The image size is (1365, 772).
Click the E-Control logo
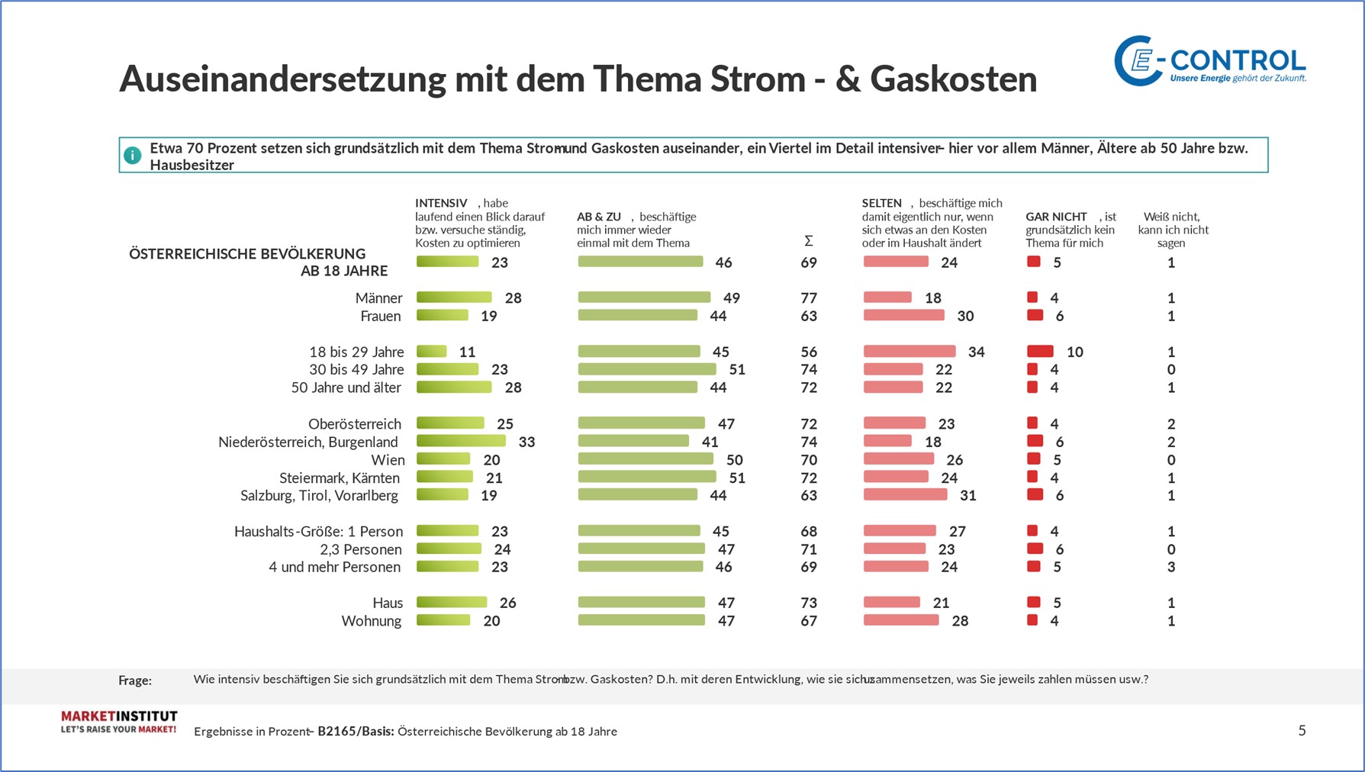click(1209, 60)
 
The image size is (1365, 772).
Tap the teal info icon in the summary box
click(133, 156)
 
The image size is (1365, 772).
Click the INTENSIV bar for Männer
click(454, 298)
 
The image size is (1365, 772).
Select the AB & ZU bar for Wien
click(645, 459)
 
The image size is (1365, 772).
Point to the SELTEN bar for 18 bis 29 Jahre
click(909, 352)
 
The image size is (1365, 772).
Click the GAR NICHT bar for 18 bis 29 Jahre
click(1040, 352)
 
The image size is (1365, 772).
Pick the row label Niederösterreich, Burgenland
click(308, 442)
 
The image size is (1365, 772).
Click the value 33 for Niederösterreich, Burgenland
click(526, 442)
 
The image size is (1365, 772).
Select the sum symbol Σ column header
click(809, 241)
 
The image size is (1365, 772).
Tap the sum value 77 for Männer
click(809, 298)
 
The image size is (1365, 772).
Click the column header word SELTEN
click(881, 203)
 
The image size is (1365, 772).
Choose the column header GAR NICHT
click(1056, 217)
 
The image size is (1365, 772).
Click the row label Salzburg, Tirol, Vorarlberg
click(319, 496)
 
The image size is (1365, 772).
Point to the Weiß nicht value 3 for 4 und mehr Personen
click(1171, 567)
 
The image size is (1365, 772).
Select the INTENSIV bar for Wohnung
click(443, 621)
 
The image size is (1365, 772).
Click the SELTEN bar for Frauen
click(903, 316)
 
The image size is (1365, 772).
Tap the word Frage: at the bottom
click(135, 680)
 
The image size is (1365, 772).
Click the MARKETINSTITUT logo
click(119, 722)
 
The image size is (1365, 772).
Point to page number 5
click(1302, 731)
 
